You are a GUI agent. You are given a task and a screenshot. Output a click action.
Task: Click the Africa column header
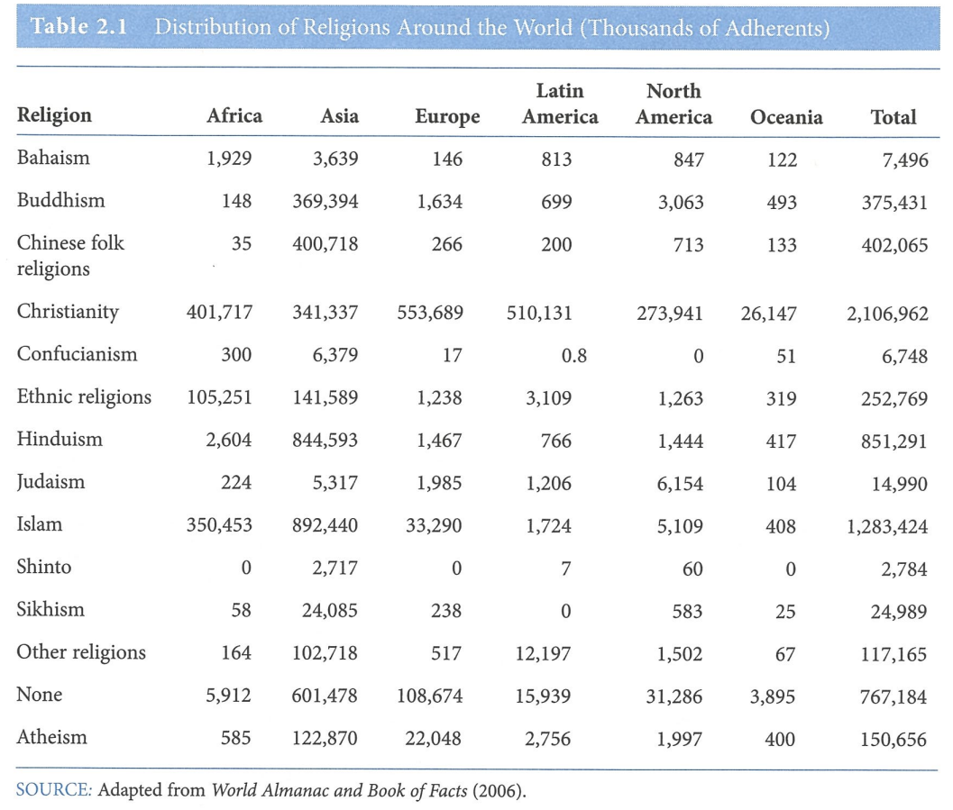coord(234,115)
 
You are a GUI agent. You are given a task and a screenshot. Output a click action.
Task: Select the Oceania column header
coord(786,117)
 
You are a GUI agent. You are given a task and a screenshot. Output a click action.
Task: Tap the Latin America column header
coord(560,105)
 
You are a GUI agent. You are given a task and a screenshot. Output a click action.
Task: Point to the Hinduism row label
coord(60,440)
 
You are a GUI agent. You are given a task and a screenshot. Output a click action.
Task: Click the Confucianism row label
coord(78,354)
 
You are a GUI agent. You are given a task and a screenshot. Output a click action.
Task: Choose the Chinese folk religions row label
coord(70,256)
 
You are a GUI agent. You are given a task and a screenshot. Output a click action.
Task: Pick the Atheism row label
coord(52,738)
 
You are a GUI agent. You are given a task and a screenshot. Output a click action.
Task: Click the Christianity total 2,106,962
coord(886,314)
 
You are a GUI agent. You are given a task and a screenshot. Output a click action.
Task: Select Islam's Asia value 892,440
coord(325,526)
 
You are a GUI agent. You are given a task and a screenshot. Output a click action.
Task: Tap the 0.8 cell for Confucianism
coord(573,356)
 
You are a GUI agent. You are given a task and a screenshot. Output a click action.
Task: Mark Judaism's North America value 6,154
coord(680,484)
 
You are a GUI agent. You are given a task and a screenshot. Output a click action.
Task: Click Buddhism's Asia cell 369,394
coord(325,202)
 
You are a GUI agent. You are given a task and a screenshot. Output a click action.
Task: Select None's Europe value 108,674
coord(429,696)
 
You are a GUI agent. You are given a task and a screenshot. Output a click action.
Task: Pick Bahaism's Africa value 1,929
coord(229,159)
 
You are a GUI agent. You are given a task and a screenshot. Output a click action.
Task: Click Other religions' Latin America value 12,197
coord(543,654)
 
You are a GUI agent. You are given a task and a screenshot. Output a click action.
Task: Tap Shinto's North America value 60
coord(692,569)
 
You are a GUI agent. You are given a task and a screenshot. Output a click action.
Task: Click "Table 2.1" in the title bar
coord(78,26)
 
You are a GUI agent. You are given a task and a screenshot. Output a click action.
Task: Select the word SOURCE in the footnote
coord(53,791)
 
